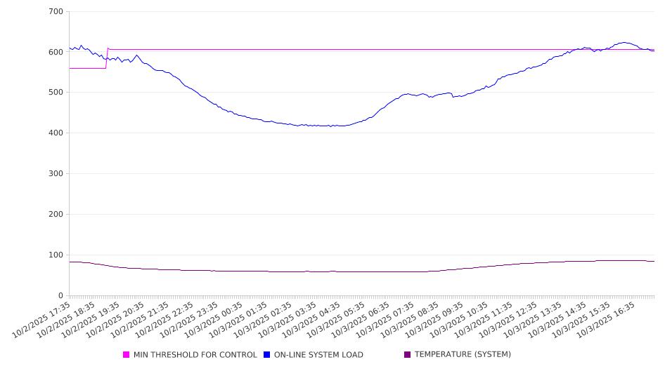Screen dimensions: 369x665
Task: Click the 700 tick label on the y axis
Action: pyautogui.click(x=56, y=12)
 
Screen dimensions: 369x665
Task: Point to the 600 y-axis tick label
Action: pyautogui.click(x=56, y=52)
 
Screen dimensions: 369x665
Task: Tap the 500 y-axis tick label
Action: pyautogui.click(x=56, y=93)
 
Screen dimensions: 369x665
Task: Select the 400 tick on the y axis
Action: pyautogui.click(x=56, y=133)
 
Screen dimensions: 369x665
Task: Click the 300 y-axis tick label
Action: pyautogui.click(x=56, y=174)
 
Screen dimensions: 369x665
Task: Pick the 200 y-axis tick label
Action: pyautogui.click(x=56, y=215)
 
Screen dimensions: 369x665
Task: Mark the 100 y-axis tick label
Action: pyautogui.click(x=56, y=255)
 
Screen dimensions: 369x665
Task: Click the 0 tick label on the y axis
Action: pyautogui.click(x=60, y=295)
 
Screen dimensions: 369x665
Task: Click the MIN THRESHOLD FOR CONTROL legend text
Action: pyautogui.click(x=195, y=355)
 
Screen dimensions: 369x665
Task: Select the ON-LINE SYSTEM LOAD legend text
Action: pyautogui.click(x=318, y=355)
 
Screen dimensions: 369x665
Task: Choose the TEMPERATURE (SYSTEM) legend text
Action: pyautogui.click(x=463, y=355)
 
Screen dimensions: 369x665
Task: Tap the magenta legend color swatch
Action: pyautogui.click(x=127, y=355)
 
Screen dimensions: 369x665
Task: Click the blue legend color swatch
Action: pyautogui.click(x=267, y=355)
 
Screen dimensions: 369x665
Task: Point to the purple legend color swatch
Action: pyautogui.click(x=408, y=355)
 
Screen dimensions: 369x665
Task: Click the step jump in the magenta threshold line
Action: pyautogui.click(x=107, y=58)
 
